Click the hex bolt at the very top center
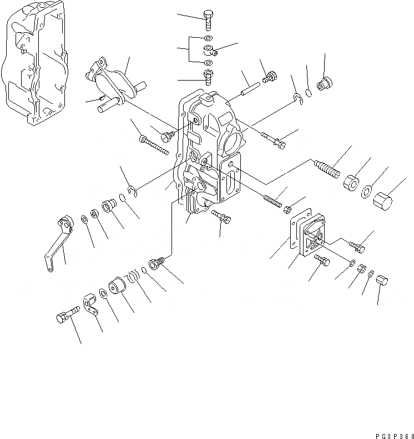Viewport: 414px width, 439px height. click(x=208, y=18)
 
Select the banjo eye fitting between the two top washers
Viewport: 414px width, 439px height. click(x=209, y=51)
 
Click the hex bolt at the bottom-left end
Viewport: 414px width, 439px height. click(x=65, y=318)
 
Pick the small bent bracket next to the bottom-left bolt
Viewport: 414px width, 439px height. click(x=90, y=305)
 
